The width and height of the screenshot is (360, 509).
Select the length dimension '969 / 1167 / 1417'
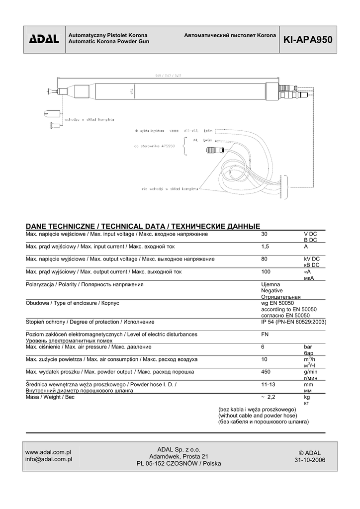[x=167, y=75]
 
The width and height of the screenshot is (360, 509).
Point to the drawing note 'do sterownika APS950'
[x=154, y=146]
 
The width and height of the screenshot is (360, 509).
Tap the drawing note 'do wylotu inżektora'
[x=149, y=131]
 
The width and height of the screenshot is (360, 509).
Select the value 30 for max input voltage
[x=265, y=234]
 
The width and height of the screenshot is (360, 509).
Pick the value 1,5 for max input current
[x=265, y=247]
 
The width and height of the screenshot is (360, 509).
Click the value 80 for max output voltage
[x=265, y=259]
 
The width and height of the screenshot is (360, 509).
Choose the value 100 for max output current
[x=266, y=272]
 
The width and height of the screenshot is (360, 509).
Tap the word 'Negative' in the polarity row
[x=271, y=290]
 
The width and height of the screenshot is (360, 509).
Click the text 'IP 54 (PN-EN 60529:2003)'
[x=293, y=322]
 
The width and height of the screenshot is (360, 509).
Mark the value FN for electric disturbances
[x=265, y=335]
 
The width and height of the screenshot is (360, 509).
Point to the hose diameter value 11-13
[x=268, y=385]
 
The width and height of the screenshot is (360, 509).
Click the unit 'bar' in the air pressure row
[x=308, y=347]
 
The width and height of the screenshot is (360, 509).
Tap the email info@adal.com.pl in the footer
[x=49, y=459]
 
